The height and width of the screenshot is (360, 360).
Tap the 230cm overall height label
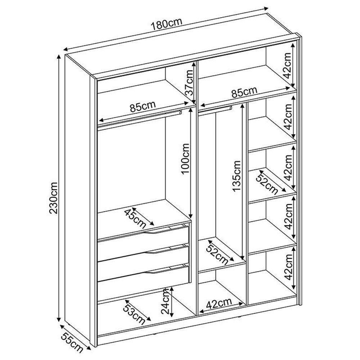pyautogui.click(x=54, y=198)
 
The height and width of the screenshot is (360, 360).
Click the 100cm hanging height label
pyautogui.click(x=185, y=159)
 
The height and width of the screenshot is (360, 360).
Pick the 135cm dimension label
pyautogui.click(x=237, y=176)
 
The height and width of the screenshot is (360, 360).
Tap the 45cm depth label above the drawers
pyautogui.click(x=135, y=219)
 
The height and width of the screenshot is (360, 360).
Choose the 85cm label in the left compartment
pyautogui.click(x=143, y=106)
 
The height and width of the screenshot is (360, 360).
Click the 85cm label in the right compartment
pyautogui.click(x=244, y=92)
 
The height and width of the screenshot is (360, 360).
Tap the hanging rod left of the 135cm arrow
pyautogui.click(x=215, y=109)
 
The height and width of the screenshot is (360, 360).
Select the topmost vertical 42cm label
pyautogui.click(x=287, y=66)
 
